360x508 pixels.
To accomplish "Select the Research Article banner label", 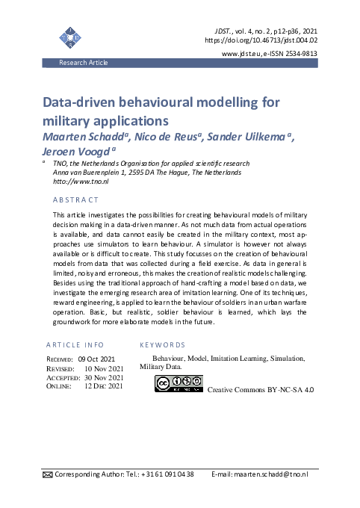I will tap(84, 63).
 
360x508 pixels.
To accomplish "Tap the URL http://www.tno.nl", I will tap(81, 182).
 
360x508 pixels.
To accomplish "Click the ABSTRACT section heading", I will tap(75, 199).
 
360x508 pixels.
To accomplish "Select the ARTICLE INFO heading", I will tap(75, 345).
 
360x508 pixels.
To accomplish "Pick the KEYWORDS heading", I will tap(162, 345).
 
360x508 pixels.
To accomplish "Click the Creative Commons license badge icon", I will tap(178, 383).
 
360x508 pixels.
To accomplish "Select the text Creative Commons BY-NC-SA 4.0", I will tap(260, 390).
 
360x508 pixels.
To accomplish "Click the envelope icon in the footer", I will tap(48, 474).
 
